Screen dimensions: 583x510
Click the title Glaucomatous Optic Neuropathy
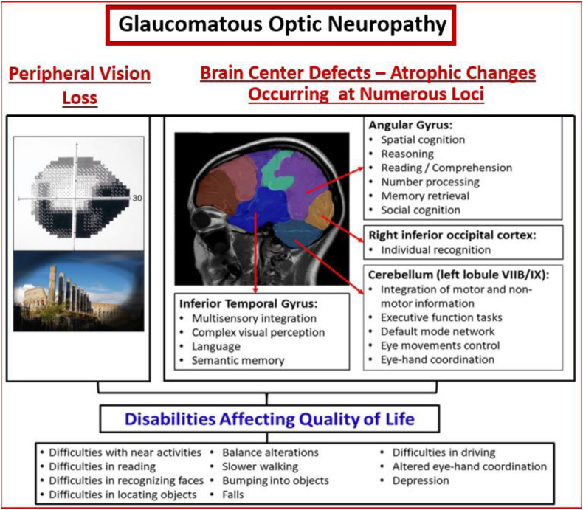coord(282,24)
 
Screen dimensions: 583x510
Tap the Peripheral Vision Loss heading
coord(80,86)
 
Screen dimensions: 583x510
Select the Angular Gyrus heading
coord(410,125)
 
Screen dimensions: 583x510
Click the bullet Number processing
coord(430,182)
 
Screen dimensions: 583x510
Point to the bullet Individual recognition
coord(435,249)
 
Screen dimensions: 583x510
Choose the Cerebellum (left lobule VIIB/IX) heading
coord(459,275)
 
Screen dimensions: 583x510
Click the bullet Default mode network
coord(438,331)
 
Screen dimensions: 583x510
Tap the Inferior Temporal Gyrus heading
coord(249,303)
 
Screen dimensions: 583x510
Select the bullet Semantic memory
coord(238,361)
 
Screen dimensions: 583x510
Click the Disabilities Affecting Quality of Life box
coord(269,419)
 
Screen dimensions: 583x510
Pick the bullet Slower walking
coord(261,466)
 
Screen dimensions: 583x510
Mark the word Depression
coord(421,480)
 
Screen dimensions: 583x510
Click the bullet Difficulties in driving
coord(444,452)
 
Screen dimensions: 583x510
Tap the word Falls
coord(233,495)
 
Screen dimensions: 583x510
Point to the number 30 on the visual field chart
coord(137,198)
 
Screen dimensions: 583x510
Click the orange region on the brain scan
coord(320,209)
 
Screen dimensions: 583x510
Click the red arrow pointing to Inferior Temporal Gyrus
coord(255,252)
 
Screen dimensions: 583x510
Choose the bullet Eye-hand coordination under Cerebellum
coord(438,360)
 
